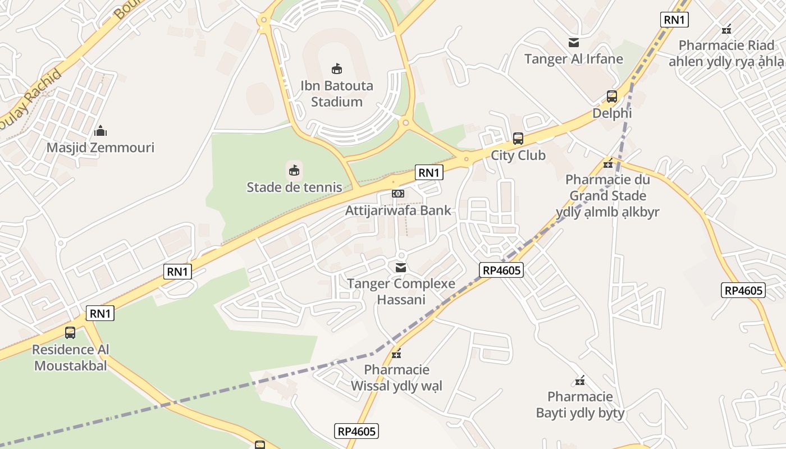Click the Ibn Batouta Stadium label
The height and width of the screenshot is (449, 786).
coord(336,94)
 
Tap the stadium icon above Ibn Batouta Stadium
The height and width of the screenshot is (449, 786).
coord(336,69)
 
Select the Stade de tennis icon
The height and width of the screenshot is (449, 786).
coord(294,169)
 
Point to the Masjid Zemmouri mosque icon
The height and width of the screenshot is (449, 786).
coord(100,131)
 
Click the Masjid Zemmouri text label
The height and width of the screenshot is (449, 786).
coord(100,148)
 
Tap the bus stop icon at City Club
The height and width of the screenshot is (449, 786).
coord(518,139)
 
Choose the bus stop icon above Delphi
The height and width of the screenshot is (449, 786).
coord(612,97)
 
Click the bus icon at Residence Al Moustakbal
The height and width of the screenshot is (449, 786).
coord(70,333)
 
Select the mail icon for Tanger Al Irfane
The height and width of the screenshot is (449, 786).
coord(574,43)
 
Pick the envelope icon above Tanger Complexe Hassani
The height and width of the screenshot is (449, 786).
coord(401,268)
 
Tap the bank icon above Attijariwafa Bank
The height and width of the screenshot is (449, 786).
coord(398,194)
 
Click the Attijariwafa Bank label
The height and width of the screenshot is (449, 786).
coord(398,210)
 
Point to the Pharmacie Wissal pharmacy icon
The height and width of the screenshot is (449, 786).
coord(396,354)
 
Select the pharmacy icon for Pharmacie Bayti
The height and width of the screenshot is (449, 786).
coord(580,381)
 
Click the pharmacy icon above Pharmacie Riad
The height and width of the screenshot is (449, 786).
coord(726,29)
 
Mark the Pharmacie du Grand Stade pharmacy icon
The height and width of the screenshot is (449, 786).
coord(607,164)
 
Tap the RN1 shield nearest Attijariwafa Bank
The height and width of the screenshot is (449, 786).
coord(429,173)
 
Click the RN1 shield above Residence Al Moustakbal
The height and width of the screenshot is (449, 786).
coord(100,313)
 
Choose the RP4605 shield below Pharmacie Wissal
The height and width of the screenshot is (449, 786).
coord(357,431)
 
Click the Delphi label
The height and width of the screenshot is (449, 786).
coord(612,113)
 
